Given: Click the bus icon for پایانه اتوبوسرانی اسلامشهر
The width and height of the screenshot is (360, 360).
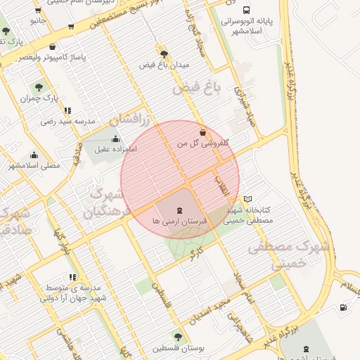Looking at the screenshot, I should click(x=246, y=10).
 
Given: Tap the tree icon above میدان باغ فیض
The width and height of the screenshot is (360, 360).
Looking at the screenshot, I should click(x=165, y=53).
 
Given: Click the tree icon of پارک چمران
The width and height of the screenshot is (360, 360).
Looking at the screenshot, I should click(x=39, y=89).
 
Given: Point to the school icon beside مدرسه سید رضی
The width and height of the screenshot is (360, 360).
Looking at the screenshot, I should click(x=67, y=110).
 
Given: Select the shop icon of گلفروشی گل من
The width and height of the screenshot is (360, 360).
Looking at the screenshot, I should click(x=203, y=132).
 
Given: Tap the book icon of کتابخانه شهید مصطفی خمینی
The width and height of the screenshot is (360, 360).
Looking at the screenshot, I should click(x=247, y=199).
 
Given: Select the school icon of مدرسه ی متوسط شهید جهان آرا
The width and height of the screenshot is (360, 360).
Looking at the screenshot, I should click(x=73, y=277).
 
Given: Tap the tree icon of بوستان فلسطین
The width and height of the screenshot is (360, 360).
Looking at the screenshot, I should click(x=177, y=337).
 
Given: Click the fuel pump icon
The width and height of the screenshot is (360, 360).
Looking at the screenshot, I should click(x=342, y=307).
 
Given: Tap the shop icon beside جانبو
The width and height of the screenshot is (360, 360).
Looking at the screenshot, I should click(x=70, y=27).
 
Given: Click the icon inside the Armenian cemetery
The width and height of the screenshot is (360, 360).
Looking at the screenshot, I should click(x=179, y=210).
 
